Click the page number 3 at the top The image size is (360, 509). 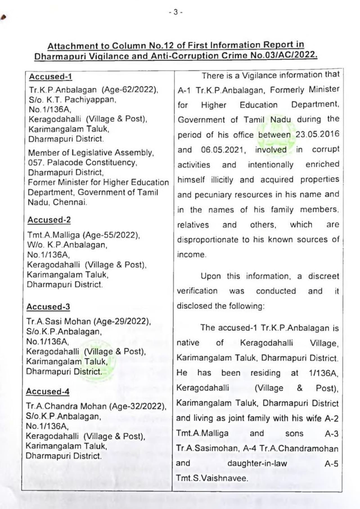pos(175,12)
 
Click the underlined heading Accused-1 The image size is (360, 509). pos(51,77)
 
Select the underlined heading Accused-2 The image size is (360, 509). pos(49,220)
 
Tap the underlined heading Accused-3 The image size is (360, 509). pos(48,307)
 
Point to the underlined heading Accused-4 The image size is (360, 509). pos(48,392)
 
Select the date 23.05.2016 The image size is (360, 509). pos(317,134)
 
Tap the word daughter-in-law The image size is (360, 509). pos(257,463)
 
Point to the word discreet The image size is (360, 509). pos(323,276)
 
